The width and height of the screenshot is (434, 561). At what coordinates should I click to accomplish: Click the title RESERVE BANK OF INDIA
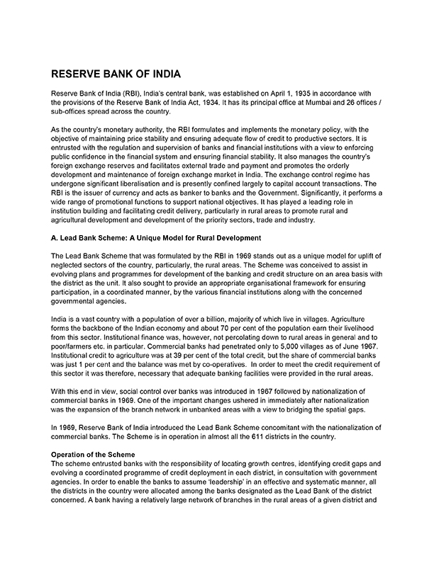pos(115,74)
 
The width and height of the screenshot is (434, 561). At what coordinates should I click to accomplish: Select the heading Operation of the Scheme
pos(96,453)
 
